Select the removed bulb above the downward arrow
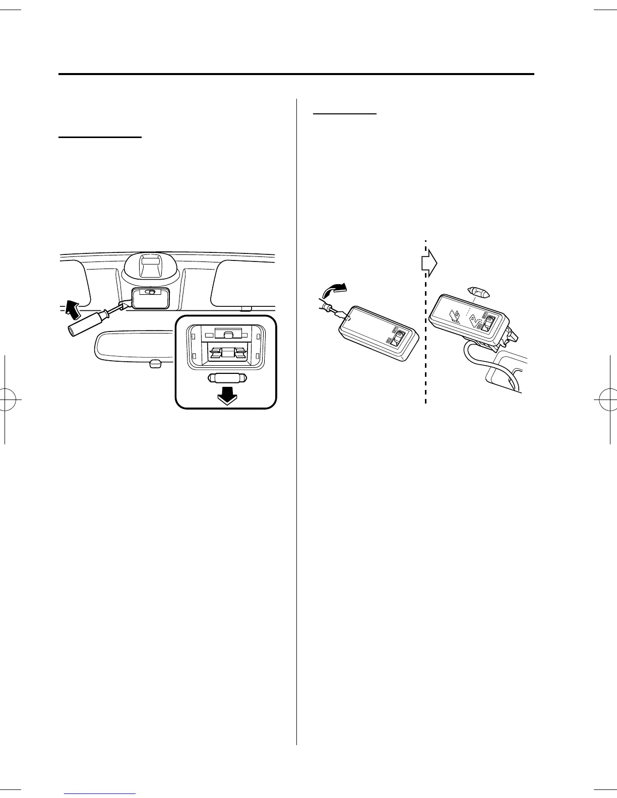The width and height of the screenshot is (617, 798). point(226,378)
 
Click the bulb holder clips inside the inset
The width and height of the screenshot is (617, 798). point(226,353)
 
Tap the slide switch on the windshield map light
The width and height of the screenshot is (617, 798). point(150,292)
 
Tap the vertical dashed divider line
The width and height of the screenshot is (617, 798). point(425,353)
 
